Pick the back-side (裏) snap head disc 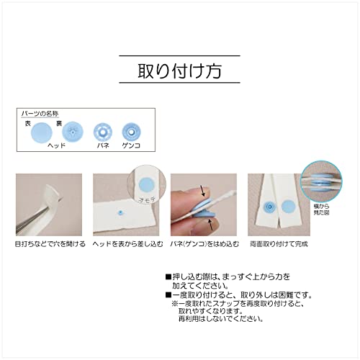coord(71,132)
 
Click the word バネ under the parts coord(103,145)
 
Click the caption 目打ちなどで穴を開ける coord(48,245)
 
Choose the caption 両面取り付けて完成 coord(276,245)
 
